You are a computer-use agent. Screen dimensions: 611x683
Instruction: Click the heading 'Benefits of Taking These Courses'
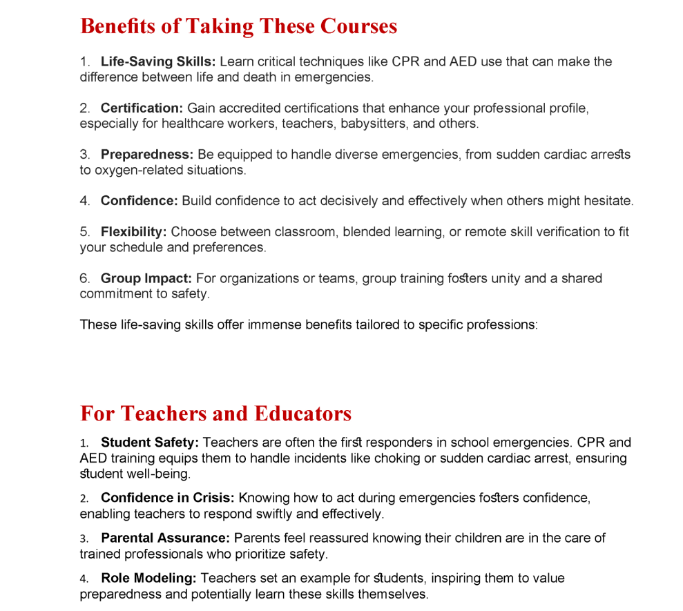238,26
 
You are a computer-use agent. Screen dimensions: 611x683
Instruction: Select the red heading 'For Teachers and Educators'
215,414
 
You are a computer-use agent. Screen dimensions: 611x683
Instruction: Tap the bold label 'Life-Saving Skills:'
158,61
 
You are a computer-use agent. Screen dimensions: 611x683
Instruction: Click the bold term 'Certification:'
142,108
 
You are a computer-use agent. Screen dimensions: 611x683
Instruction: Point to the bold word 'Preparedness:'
147,155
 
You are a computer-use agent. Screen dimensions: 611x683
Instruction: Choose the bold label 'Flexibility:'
134,232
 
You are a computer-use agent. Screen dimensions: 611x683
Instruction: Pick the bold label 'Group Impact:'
146,278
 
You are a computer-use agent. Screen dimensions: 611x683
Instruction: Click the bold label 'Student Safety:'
150,443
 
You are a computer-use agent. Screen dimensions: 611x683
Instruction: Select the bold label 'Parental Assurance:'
166,538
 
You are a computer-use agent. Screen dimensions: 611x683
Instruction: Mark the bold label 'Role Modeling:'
148,578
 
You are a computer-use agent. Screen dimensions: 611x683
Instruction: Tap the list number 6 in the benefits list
84,278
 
